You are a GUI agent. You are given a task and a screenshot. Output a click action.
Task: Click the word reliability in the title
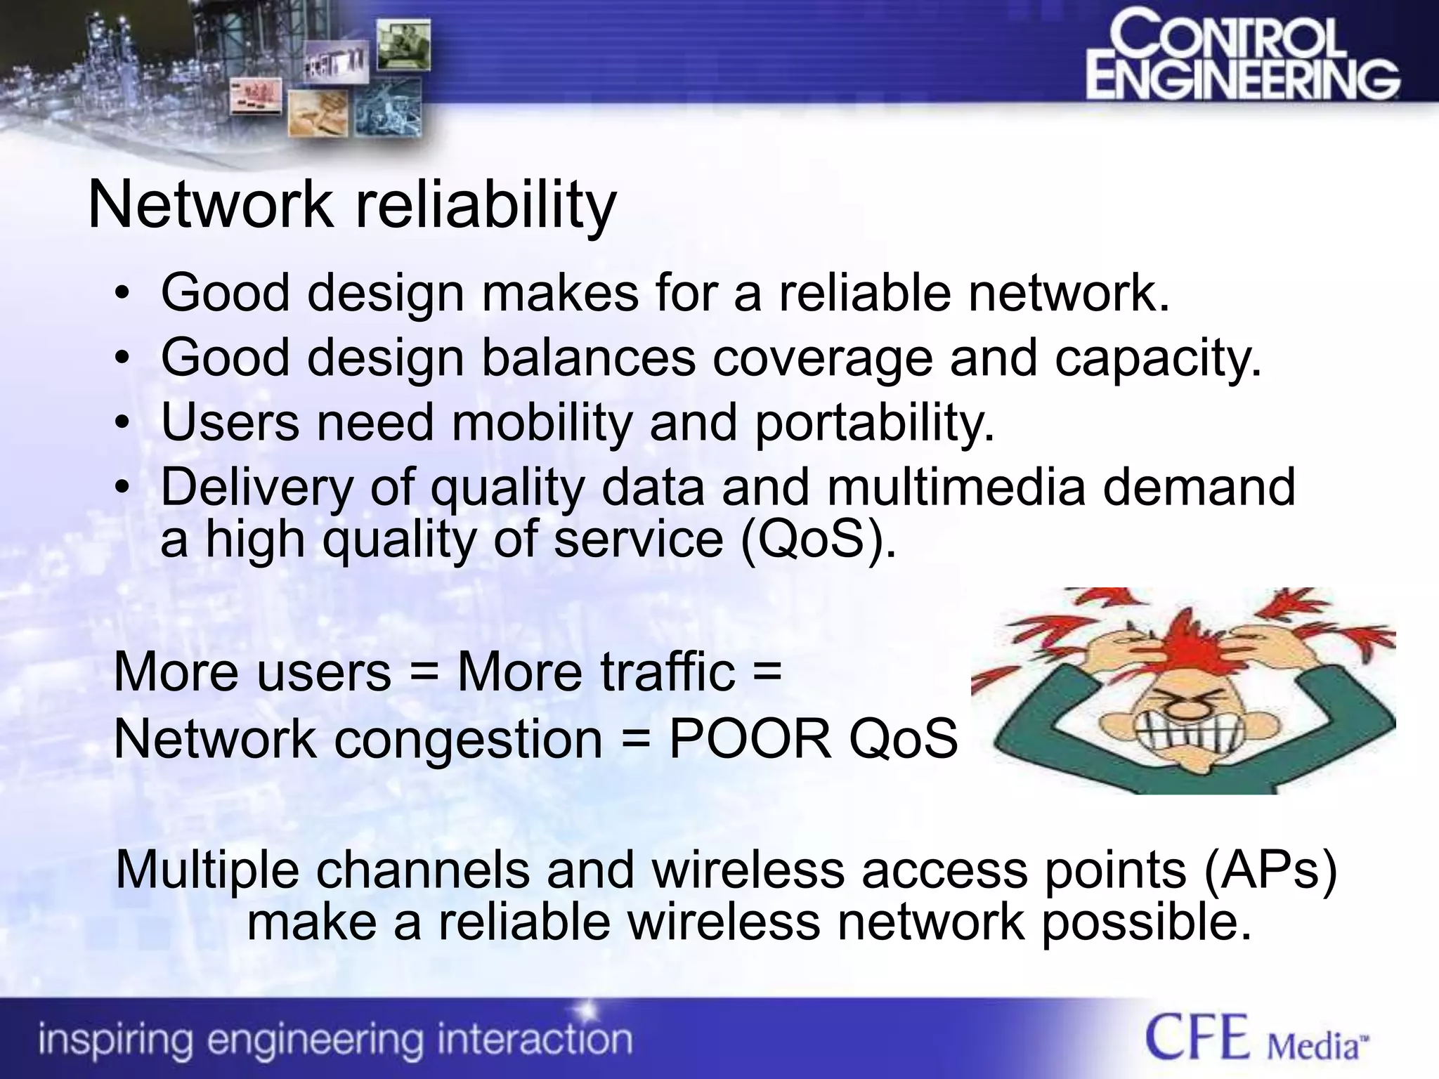click(486, 206)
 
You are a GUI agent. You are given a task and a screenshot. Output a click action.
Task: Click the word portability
click(874, 423)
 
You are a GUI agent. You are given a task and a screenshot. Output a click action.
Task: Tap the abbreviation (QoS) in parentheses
click(818, 539)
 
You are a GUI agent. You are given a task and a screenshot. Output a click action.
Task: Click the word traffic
click(667, 672)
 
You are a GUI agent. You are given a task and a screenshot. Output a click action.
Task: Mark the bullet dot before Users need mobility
click(123, 423)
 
